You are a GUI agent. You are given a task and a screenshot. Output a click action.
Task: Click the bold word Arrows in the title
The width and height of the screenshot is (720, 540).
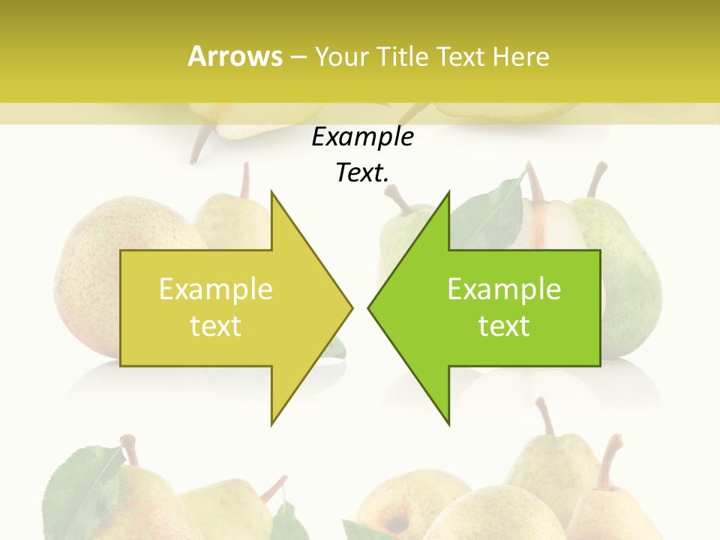tap(235, 56)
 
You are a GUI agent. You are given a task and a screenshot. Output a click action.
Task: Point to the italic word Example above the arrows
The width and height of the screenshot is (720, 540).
tap(362, 136)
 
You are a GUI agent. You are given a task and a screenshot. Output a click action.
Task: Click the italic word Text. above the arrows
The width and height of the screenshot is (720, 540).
tap(362, 172)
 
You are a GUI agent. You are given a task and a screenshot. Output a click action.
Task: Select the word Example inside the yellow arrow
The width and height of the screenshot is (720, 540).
tap(215, 289)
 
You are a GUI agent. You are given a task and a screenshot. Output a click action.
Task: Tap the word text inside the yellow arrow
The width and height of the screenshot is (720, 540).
tap(215, 325)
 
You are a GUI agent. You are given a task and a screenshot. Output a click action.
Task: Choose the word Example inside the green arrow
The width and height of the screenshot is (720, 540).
tap(504, 289)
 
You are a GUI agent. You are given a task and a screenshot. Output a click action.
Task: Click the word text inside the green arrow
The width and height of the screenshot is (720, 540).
tap(504, 325)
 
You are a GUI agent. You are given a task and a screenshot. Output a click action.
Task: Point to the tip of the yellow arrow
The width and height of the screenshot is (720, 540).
tap(352, 307)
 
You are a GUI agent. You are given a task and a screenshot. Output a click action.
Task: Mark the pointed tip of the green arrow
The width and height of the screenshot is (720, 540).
tap(369, 307)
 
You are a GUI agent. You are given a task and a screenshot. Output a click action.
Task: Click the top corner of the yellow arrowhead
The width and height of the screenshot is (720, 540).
tap(271, 192)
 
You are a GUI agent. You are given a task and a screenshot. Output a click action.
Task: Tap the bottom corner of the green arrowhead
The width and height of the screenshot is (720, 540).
tap(448, 424)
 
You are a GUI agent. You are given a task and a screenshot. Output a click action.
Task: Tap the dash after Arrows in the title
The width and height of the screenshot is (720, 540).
tap(298, 57)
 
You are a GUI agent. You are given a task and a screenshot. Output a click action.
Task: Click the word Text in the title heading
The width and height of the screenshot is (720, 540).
tap(460, 57)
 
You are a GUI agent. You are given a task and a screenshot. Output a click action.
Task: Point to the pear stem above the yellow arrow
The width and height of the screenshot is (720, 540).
tap(244, 180)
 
